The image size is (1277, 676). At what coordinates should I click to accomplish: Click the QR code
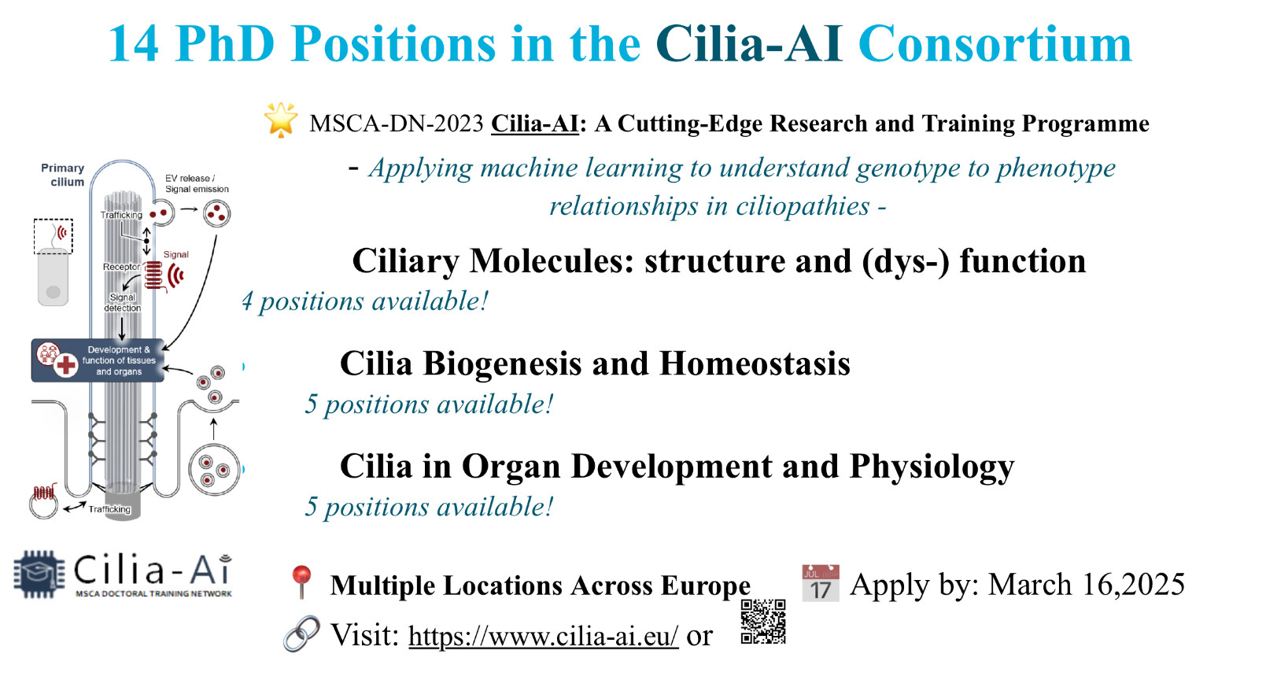pyautogui.click(x=762, y=622)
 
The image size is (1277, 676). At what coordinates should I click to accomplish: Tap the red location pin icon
pyautogui.click(x=301, y=582)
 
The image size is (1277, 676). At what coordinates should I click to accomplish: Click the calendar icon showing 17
pyautogui.click(x=821, y=583)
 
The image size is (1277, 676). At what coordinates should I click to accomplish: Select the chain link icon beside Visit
pyautogui.click(x=301, y=634)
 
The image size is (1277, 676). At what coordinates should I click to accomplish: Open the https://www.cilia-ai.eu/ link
pyautogui.click(x=543, y=636)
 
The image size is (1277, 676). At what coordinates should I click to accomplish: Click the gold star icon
pyautogui.click(x=280, y=120)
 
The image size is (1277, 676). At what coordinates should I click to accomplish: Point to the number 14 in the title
pyautogui.click(x=134, y=44)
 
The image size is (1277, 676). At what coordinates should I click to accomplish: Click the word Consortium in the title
pyautogui.click(x=995, y=44)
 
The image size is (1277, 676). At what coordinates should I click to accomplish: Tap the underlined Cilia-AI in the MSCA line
pyautogui.click(x=535, y=124)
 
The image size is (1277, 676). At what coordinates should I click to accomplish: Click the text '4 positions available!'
pyautogui.click(x=365, y=301)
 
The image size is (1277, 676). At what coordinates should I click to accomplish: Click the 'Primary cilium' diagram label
pyautogui.click(x=63, y=175)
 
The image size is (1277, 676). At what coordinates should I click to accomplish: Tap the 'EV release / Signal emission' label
pyautogui.click(x=197, y=183)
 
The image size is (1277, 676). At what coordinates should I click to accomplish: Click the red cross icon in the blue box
pyautogui.click(x=65, y=365)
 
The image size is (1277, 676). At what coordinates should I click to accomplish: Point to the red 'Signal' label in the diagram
pyautogui.click(x=175, y=255)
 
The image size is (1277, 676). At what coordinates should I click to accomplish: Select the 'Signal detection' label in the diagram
pyautogui.click(x=122, y=303)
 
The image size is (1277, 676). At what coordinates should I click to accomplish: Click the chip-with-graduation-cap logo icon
pyautogui.click(x=39, y=574)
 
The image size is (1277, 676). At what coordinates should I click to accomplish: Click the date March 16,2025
pyautogui.click(x=1086, y=585)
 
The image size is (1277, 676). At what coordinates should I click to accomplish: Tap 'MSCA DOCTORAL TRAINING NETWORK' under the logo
pyautogui.click(x=153, y=594)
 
